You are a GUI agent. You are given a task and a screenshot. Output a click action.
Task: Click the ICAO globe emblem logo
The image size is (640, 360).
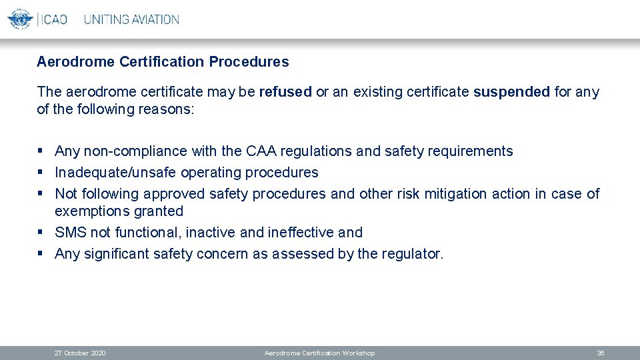click(x=20, y=19)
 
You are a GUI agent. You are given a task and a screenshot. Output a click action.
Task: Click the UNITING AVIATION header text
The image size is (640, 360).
click(x=131, y=19)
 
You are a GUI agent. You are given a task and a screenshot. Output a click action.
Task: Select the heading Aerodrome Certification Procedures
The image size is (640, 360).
click(x=163, y=62)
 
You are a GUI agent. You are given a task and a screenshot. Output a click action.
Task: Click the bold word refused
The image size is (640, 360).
click(x=285, y=92)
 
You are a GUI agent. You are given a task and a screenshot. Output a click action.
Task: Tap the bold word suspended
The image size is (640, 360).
click(x=511, y=92)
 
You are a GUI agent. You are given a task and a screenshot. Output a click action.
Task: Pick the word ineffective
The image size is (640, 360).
click(x=301, y=233)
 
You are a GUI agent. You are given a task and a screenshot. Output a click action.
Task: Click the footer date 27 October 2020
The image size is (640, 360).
click(x=80, y=353)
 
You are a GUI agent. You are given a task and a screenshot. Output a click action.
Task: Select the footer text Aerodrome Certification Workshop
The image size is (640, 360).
click(x=319, y=353)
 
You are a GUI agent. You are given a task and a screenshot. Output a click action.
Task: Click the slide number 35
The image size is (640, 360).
click(x=600, y=353)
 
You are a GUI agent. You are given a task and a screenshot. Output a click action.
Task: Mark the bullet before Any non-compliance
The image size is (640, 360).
click(x=41, y=151)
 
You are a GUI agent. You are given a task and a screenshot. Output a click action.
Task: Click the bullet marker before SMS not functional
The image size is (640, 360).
click(x=41, y=233)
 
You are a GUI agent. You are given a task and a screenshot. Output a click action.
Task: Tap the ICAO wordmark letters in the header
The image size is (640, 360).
click(x=54, y=19)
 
